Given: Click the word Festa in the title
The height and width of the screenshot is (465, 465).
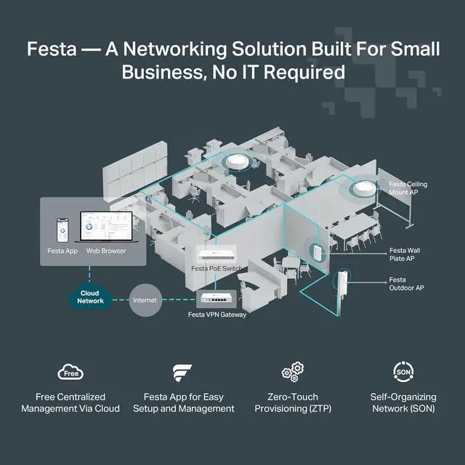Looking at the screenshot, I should pos(52,49).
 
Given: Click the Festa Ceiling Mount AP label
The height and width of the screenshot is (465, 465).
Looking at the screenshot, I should pos(408,188).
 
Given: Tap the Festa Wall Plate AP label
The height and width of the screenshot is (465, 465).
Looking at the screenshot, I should pos(404,254).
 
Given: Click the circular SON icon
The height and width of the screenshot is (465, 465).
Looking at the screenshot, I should pos(402,371).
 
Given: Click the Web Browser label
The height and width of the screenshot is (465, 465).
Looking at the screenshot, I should pos(106,251).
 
